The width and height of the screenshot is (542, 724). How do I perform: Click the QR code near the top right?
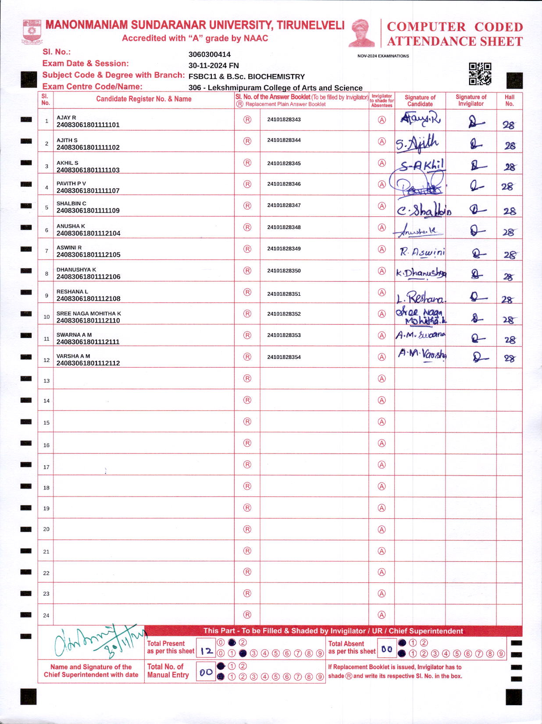(480, 74)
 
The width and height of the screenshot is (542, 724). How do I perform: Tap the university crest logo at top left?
(32, 31)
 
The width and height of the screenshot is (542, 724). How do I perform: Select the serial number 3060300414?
(209, 54)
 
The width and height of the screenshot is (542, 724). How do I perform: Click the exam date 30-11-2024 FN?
(214, 65)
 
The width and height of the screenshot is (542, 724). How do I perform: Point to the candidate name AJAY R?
(66, 117)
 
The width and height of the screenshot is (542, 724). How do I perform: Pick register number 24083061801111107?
(88, 191)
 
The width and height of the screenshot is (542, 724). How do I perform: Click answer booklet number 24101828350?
(284, 271)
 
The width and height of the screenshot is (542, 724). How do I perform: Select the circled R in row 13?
(247, 378)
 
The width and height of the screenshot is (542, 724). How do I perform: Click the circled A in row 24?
(382, 615)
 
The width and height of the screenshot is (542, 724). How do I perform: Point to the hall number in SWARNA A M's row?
(510, 340)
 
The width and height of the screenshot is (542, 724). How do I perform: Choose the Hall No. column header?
(509, 100)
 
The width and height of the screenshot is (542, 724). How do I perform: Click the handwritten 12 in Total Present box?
(206, 651)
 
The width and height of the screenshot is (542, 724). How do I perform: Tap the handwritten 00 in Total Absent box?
(386, 649)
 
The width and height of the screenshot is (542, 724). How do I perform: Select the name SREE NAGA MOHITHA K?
(89, 313)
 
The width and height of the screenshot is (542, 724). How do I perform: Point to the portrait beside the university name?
(362, 33)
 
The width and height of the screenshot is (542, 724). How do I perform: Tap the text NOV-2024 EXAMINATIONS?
(383, 56)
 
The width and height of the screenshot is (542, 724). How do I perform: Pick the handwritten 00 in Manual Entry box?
(206, 672)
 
